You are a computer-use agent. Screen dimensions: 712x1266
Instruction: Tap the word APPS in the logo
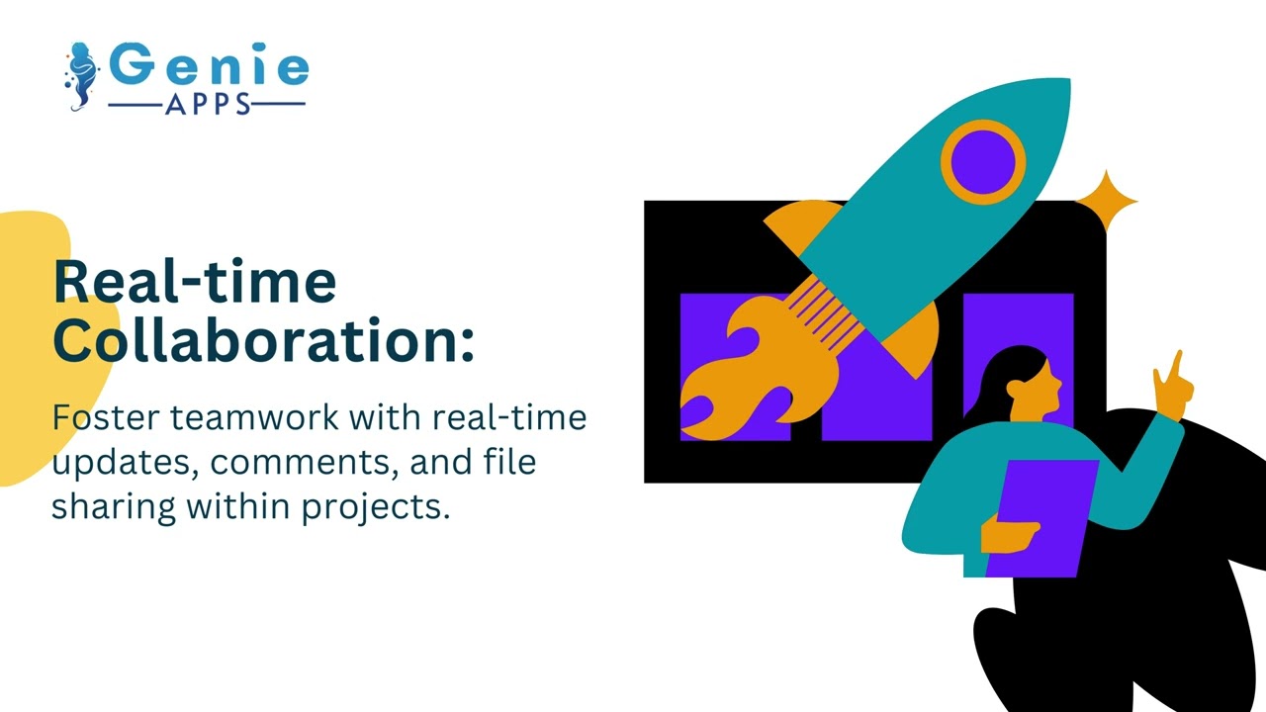pos(206,104)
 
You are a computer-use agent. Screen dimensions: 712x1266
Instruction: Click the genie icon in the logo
pos(83,75)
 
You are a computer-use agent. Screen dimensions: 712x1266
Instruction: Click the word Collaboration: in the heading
pos(263,339)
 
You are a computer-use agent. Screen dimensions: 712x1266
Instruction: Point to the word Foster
pos(106,417)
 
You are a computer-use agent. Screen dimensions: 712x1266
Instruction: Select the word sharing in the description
pos(114,506)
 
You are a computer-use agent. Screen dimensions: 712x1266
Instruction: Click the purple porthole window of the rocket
pos(983,161)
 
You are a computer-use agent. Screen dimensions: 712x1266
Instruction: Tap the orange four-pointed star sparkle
pos(1106,202)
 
